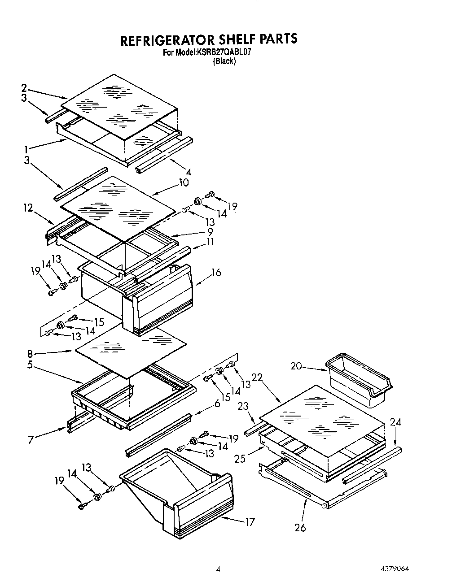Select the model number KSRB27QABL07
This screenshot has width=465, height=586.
click(223, 52)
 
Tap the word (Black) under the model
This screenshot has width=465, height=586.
click(224, 61)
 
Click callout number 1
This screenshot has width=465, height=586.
click(26, 149)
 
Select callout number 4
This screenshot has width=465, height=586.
click(188, 172)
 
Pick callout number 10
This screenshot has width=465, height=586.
click(183, 182)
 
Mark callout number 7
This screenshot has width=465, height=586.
click(31, 440)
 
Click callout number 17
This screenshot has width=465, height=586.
click(250, 522)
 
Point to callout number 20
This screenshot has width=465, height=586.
click(295, 366)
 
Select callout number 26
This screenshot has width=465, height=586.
click(300, 528)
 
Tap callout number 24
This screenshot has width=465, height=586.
click(395, 422)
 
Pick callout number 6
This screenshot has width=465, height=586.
click(217, 404)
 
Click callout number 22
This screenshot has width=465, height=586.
click(257, 378)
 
